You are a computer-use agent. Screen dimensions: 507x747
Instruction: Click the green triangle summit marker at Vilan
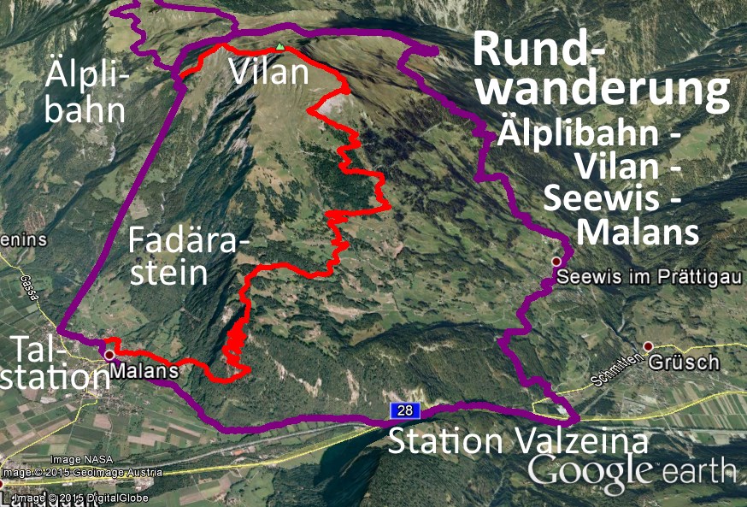[279, 46]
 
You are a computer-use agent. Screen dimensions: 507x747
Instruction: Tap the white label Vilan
[268, 72]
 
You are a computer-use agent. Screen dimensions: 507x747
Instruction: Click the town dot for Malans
[109, 354]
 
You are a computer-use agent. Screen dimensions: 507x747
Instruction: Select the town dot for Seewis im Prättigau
[556, 261]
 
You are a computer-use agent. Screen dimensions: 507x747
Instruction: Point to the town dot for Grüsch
[648, 346]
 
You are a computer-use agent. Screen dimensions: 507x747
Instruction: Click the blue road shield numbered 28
[405, 411]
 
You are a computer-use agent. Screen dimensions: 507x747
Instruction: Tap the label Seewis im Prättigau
[641, 278]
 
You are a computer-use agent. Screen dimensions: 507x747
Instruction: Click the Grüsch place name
[684, 363]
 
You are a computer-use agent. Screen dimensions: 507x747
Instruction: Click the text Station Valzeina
[518, 442]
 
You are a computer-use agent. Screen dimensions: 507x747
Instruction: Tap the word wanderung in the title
[603, 91]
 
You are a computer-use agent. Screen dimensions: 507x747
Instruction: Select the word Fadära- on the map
[189, 240]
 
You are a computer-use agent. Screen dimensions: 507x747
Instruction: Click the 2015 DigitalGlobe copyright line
[81, 498]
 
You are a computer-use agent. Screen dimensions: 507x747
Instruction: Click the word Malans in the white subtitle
[638, 232]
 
